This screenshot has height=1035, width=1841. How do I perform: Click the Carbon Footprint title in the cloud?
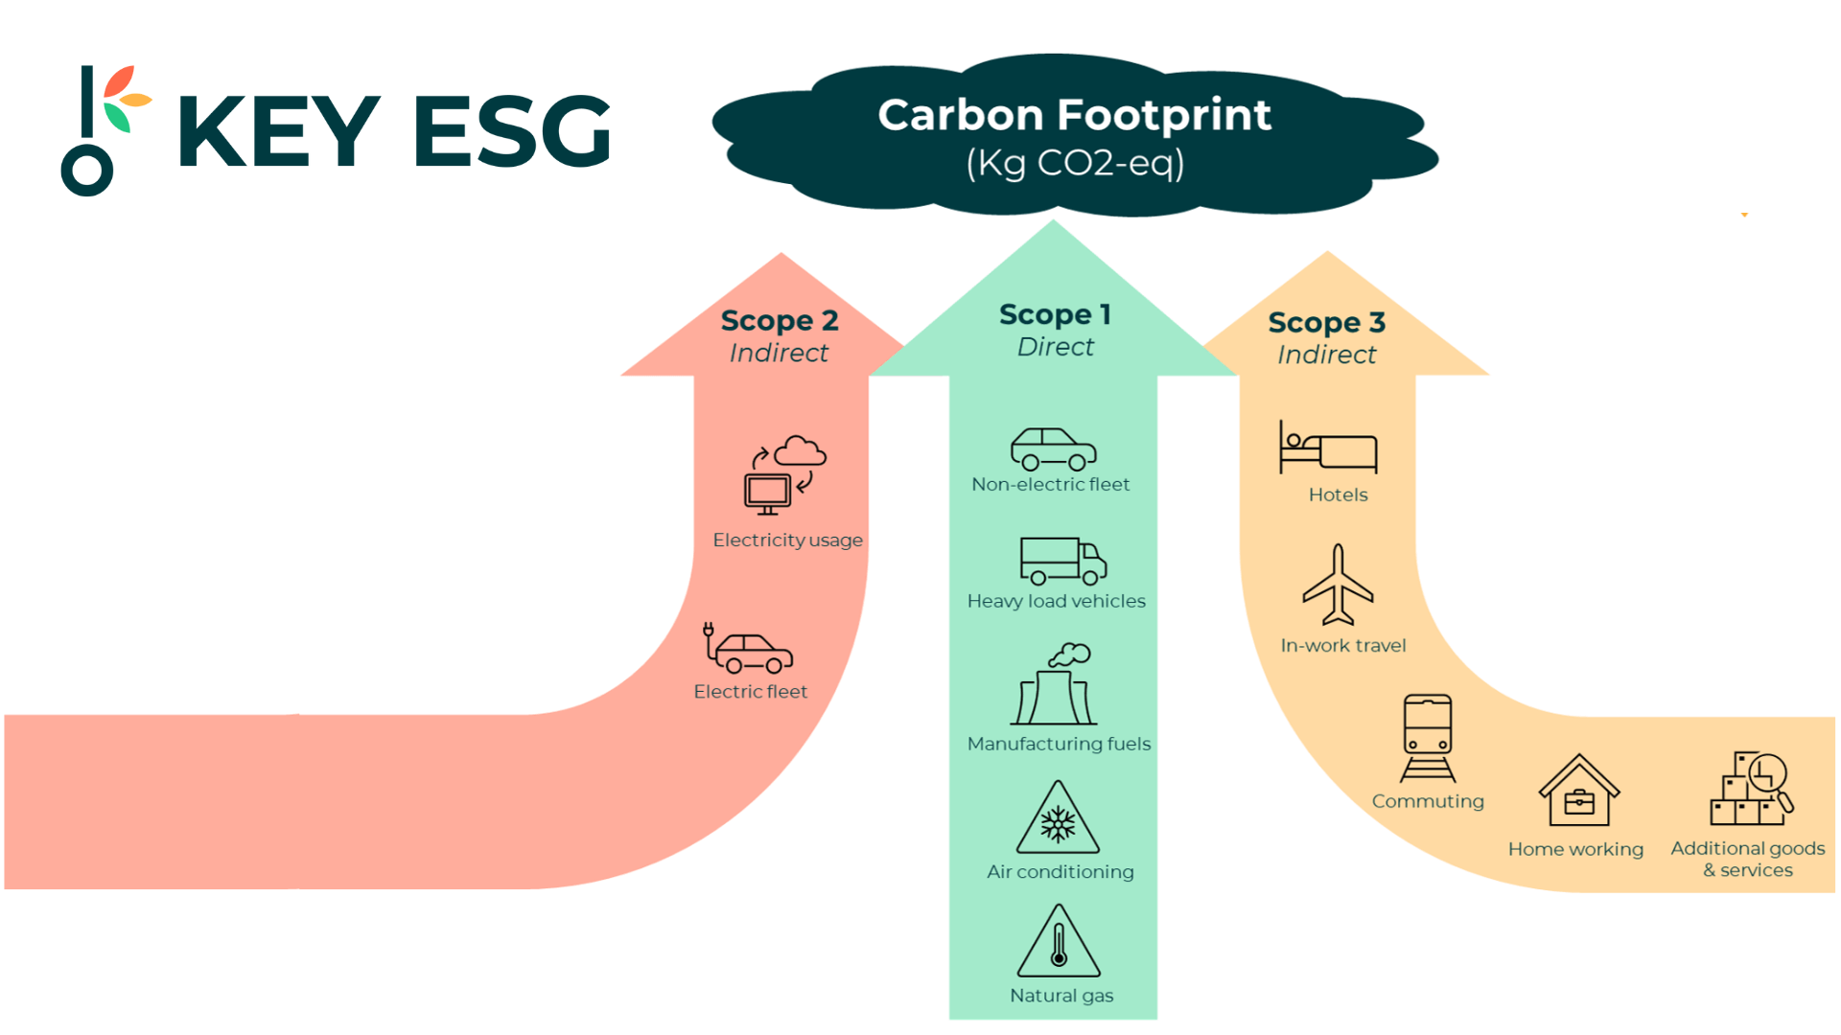coord(1074,115)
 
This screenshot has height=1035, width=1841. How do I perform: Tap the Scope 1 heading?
coord(1055,314)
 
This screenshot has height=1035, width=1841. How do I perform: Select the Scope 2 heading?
coord(780,320)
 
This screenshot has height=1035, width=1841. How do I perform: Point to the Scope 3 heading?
coord(1327,323)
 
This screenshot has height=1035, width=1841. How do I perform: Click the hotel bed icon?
coord(1328,448)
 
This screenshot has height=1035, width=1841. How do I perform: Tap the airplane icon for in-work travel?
coord(1339,584)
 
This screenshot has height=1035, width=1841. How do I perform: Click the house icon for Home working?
coord(1578,792)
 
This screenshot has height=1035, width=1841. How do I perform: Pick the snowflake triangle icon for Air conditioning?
coord(1058,820)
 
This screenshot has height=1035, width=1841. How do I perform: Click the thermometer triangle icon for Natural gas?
coord(1059,943)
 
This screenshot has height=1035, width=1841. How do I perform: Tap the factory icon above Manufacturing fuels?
coord(1055,684)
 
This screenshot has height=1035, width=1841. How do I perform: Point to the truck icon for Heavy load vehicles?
coord(1062,561)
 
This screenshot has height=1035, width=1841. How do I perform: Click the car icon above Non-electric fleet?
coord(1053,448)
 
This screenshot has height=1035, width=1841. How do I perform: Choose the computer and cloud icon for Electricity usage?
coord(785,474)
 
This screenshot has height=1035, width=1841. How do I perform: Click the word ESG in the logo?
coord(513,132)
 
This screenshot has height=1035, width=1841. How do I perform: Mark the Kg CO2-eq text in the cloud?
coord(1075,163)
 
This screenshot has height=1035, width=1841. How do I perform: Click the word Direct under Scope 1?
coord(1055,347)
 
